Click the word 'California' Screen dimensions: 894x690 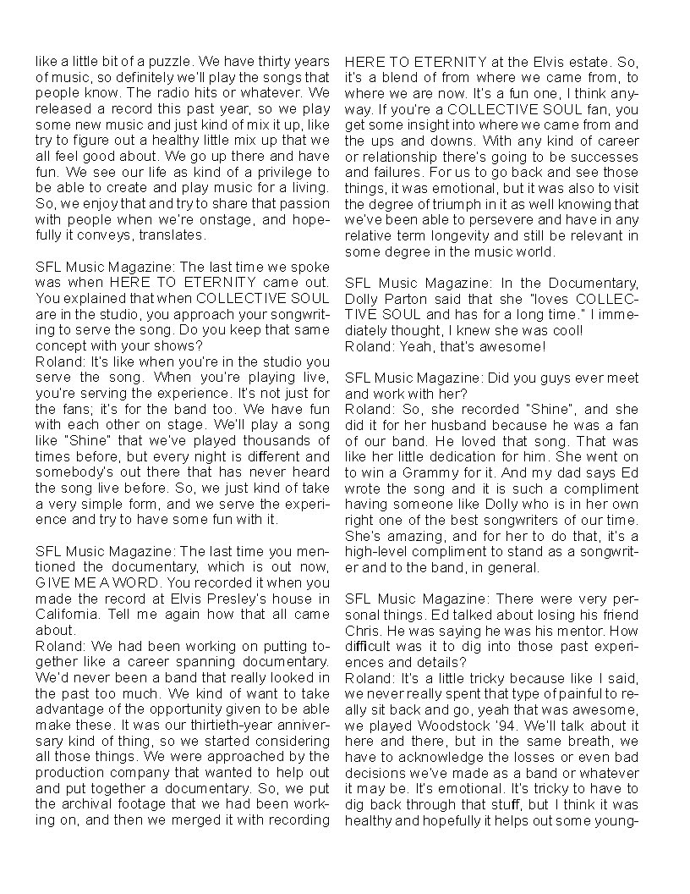click(x=67, y=615)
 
